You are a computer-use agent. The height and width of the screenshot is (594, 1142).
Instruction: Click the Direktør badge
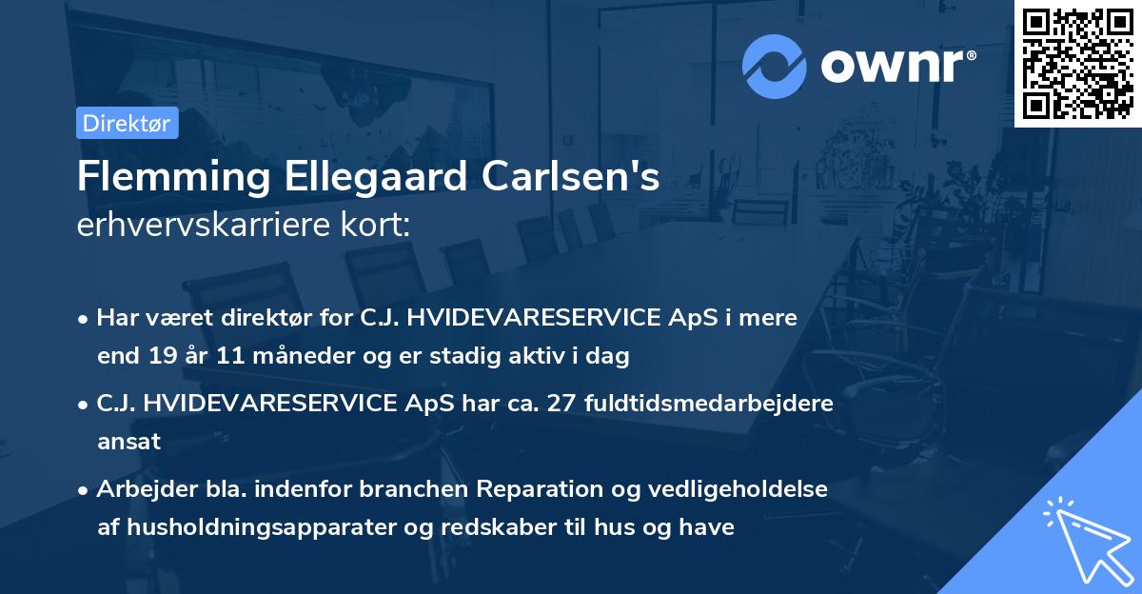[x=127, y=123]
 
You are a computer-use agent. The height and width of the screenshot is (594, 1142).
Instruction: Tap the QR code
[x=1077, y=63]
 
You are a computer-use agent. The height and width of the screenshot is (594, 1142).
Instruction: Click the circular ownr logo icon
[x=775, y=67]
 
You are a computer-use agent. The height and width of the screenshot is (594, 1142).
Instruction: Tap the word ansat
[x=128, y=442]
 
